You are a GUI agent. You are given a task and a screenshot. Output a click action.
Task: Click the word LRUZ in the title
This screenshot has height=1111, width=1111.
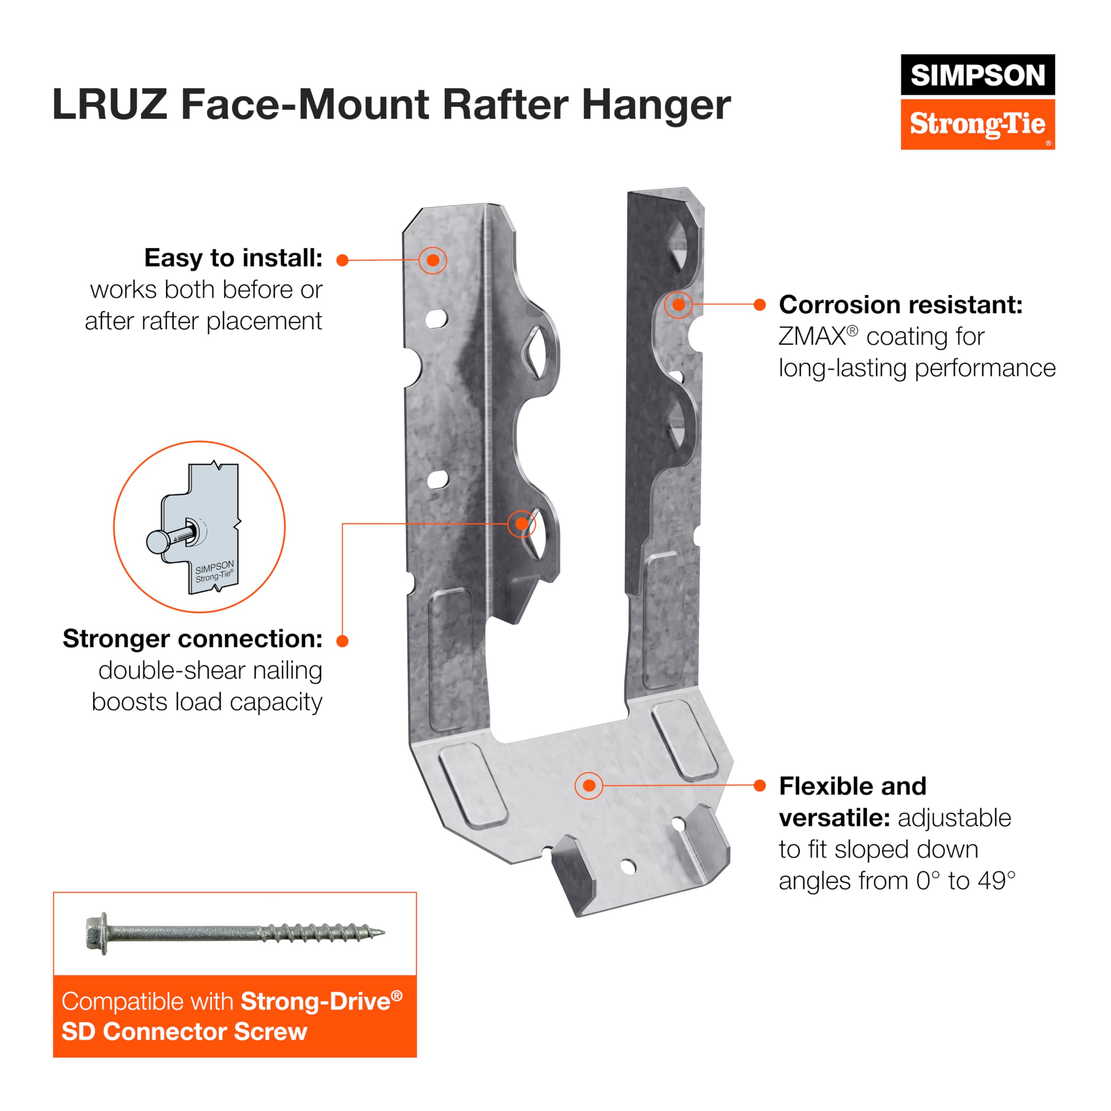[109, 105]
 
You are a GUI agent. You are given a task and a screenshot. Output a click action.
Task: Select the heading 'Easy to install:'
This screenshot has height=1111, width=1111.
[233, 258]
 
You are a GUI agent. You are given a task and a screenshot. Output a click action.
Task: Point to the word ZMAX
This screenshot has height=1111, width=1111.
[812, 337]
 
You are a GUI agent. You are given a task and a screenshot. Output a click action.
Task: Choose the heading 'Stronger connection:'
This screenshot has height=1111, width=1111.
[192, 639]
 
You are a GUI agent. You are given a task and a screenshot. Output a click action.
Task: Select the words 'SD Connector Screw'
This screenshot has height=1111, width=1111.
[184, 1032]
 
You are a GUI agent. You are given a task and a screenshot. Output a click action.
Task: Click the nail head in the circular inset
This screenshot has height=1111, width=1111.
[158, 542]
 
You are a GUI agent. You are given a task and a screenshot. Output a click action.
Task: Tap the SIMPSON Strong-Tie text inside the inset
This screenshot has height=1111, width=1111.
[214, 572]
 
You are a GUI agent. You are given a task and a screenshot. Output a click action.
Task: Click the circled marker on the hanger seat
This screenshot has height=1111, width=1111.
[589, 786]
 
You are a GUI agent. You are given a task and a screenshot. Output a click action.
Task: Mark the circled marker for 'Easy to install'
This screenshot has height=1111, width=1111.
[433, 260]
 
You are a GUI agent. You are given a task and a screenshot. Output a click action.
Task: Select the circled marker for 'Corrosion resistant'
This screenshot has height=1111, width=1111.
[679, 305]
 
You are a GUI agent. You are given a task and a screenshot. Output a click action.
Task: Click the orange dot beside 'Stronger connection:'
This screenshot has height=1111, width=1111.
[343, 641]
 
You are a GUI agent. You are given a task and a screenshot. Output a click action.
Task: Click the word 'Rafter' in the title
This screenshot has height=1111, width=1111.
[508, 105]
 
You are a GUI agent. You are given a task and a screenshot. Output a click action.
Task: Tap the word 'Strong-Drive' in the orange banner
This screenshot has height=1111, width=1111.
[315, 1001]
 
